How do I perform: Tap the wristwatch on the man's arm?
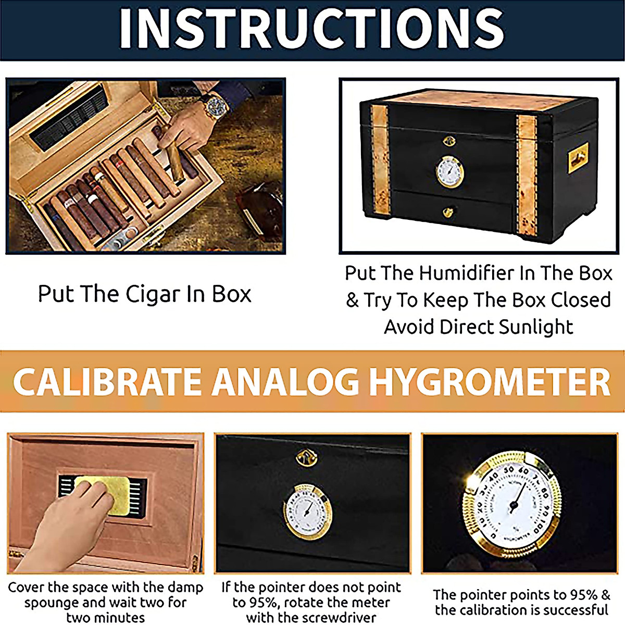215,106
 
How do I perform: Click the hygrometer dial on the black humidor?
449,172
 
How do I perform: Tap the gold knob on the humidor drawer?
448,212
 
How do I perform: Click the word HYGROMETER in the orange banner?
490,382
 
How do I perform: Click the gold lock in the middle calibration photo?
306,458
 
